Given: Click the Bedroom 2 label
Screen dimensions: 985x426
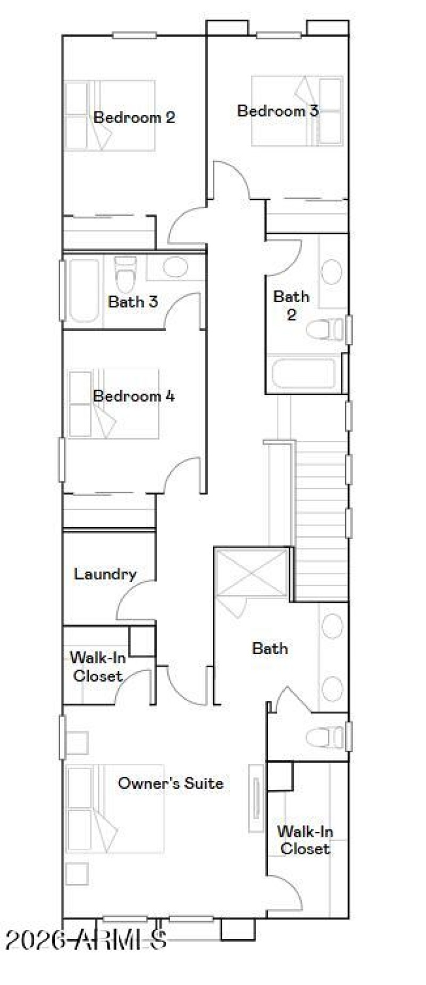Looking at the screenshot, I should pos(134,117).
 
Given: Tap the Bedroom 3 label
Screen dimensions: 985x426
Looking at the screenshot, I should pos(277,111).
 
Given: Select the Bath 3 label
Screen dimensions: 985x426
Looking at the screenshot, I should pos(133,302).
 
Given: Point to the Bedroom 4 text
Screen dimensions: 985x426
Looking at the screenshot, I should pos(134,396).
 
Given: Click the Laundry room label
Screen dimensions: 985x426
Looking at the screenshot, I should pos(105,574).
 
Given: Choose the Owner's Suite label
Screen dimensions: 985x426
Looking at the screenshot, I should pos(170,783).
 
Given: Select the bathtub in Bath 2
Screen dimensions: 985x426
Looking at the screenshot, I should pos(304,374).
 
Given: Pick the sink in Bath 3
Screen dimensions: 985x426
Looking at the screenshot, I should pos(176,267).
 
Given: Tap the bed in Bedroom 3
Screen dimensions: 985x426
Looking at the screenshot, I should pos(297,111).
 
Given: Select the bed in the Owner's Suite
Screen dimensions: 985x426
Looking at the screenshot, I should pos(114,809).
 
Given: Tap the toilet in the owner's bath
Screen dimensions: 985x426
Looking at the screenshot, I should pos(325,737).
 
